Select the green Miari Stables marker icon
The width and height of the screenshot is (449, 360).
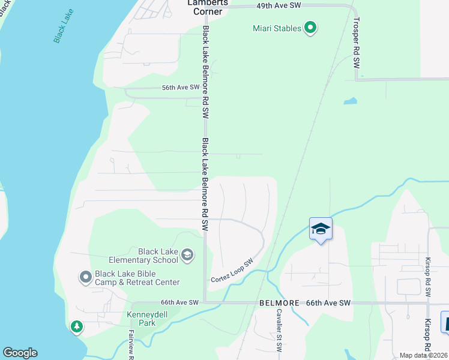coord(310,28)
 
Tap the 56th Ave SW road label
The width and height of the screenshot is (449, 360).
coord(181,88)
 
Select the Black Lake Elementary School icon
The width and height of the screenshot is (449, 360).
coord(187,256)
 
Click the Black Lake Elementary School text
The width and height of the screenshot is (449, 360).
coord(144,256)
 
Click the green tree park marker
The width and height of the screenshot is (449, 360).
coord(76,327)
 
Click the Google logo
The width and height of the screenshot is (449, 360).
coord(20,353)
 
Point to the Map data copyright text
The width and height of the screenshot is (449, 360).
coord(423,355)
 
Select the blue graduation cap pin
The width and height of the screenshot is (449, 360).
coord(321,229)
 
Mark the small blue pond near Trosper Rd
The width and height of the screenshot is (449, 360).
coord(350,101)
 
